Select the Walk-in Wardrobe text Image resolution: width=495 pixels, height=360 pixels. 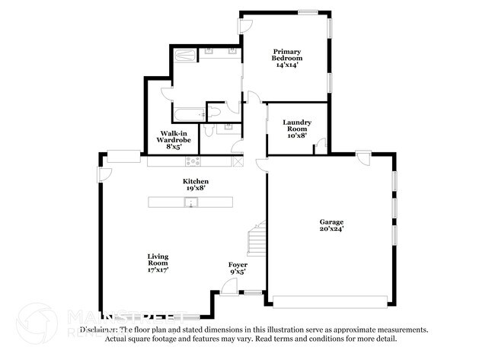tap(173, 140)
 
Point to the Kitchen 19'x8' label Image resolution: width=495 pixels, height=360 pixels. tap(196, 183)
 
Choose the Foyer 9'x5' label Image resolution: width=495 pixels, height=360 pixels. tap(238, 267)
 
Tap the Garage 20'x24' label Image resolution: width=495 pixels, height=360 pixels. tap(331, 225)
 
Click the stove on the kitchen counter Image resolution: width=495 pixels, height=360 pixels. tap(193, 161)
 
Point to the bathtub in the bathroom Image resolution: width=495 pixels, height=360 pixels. tap(188, 115)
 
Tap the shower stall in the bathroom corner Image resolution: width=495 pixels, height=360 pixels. tap(184, 55)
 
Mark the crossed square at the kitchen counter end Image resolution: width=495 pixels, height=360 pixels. tap(238, 161)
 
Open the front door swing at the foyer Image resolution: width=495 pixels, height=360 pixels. tap(227, 287)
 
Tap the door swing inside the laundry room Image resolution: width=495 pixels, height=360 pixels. tap(321, 145)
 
